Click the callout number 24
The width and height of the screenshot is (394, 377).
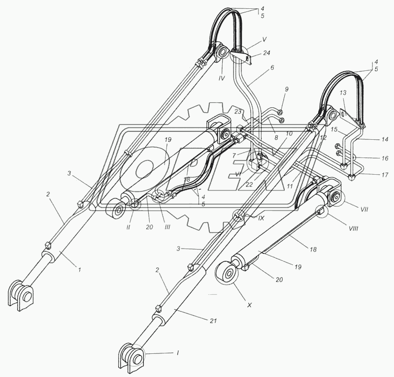click(266, 53)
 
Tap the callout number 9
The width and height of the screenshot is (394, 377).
click(287, 89)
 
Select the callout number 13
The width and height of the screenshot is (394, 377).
click(343, 93)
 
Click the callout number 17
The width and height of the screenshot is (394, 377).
click(385, 175)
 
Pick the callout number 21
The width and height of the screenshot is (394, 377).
click(213, 321)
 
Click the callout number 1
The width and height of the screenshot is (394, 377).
click(79, 270)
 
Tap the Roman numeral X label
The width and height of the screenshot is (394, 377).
click(250, 305)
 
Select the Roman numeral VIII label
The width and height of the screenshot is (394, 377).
click(353, 228)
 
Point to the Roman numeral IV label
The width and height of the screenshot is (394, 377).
click(221, 78)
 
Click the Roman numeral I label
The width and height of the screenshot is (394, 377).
click(178, 353)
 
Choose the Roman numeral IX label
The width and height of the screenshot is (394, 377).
click(262, 218)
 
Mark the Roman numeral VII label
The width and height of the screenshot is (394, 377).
click(364, 209)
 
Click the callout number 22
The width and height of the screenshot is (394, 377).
click(249, 185)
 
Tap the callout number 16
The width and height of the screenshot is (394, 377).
click(385, 158)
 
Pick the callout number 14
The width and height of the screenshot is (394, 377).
click(385, 139)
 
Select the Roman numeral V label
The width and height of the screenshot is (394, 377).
click(264, 39)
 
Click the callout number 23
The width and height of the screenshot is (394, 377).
click(238, 112)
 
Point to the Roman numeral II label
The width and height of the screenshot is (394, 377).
click(128, 227)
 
